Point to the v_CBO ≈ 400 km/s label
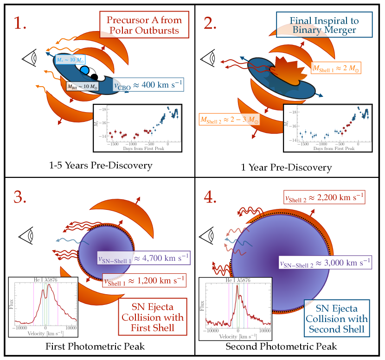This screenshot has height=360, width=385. coord(148,85)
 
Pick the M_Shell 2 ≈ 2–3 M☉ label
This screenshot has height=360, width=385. coord(229,120)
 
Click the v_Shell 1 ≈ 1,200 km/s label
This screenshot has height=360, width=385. coord(144,281)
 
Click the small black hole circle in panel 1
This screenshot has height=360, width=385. coord(94,77)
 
